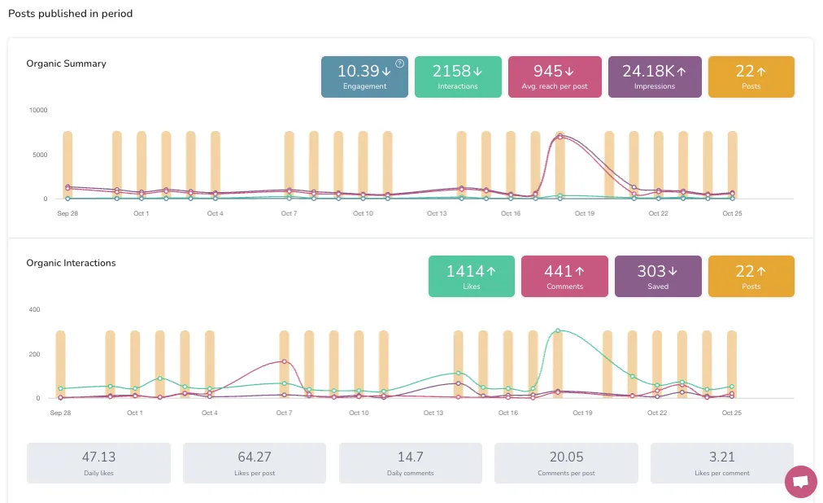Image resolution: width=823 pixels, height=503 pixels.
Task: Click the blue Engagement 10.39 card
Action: pos(364,77)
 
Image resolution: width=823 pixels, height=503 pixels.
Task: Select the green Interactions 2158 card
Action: pos(458,77)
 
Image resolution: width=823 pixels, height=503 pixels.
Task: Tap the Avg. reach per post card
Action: pos(555,77)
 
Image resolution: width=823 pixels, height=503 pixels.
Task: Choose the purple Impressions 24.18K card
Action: pos(655,77)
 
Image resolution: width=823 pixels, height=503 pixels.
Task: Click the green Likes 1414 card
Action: pos(472,276)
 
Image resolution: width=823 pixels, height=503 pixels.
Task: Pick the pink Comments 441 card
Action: pos(564,276)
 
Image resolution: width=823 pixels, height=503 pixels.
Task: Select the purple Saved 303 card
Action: pos(658,276)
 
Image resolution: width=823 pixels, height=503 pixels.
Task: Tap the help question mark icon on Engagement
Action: pos(399,63)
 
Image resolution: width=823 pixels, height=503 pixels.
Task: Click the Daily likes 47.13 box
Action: pos(99,463)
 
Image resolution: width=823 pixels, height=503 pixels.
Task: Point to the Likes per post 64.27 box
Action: pos(255,463)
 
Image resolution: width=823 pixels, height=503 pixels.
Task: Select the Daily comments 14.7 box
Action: pos(411,463)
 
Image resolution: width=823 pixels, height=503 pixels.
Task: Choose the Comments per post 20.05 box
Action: pos(566,463)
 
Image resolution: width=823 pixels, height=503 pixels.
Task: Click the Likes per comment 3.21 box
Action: pos(722,463)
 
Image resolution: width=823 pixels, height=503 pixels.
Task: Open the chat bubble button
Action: pos(800,482)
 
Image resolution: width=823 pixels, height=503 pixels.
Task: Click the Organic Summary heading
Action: pos(66,63)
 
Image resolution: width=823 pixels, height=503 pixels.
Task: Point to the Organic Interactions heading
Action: pos(71,263)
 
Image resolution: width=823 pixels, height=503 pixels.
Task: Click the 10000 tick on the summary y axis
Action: pos(38,110)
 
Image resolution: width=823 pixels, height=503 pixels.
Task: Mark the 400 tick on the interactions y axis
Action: pos(34,309)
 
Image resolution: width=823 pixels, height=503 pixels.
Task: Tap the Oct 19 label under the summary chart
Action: pos(585,213)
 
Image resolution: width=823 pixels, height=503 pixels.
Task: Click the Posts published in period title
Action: pos(70,14)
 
